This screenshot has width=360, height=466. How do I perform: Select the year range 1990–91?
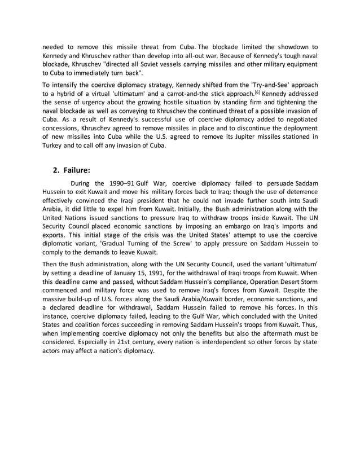(124, 184)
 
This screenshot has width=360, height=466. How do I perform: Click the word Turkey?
(54, 146)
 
